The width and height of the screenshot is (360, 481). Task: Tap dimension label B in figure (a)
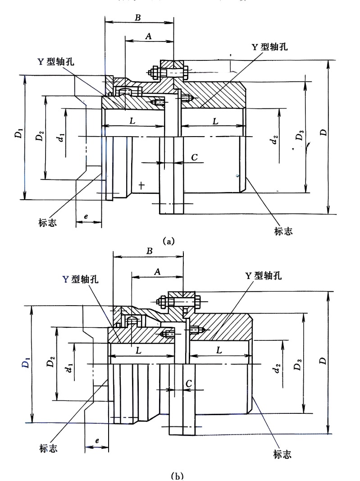point(138,17)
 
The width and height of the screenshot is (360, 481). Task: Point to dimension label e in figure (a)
point(86,217)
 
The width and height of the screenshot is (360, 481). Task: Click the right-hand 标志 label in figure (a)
point(283,231)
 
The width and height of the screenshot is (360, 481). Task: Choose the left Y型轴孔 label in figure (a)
point(56,62)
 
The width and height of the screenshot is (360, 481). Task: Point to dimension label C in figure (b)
point(189,382)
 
